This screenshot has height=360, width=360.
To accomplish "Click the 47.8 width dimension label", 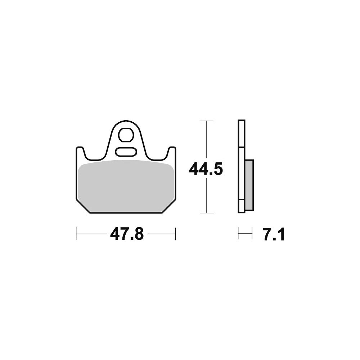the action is point(127,234).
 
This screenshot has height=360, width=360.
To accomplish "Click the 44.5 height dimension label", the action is point(206,169).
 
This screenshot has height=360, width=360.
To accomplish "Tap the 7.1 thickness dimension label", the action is point(274,234).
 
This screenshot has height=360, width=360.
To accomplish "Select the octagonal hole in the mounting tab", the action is point(126,135).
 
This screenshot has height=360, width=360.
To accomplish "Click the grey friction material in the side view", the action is point(249,185).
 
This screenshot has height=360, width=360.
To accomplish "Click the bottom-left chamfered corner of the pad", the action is point(83,206).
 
